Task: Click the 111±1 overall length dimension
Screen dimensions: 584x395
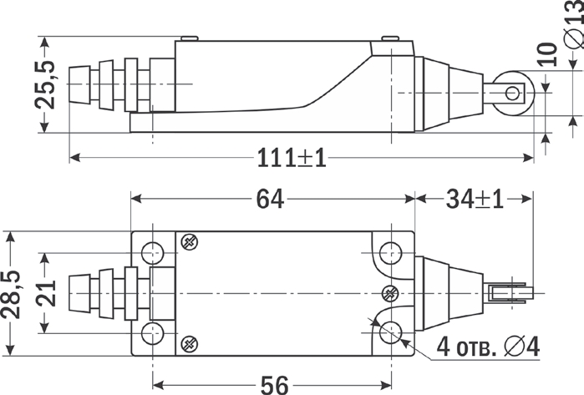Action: [x=292, y=158]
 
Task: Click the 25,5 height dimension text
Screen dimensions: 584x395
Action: [x=45, y=84]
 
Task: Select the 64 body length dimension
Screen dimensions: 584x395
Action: [x=270, y=199]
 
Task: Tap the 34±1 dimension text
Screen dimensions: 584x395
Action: [x=475, y=199]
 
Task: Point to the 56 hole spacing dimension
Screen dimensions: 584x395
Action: [x=275, y=385]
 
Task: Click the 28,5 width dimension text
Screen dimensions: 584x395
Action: [x=10, y=294]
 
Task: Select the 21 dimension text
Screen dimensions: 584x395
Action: [x=47, y=293]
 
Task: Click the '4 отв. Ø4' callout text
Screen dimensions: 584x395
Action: [x=488, y=347]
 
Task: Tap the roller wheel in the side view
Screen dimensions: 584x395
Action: [x=514, y=93]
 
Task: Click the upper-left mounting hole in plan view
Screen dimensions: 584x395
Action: [x=153, y=253]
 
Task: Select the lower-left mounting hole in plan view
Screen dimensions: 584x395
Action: [x=153, y=333]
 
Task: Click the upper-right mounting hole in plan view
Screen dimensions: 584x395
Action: [x=391, y=253]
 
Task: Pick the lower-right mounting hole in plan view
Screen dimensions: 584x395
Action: [x=391, y=332]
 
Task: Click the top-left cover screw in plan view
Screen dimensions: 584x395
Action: [x=189, y=242]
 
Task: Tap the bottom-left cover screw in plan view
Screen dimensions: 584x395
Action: [x=189, y=344]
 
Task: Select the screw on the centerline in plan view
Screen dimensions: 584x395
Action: [x=390, y=294]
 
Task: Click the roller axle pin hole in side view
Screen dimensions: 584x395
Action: [x=512, y=93]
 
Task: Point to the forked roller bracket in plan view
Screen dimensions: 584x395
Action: [x=509, y=293]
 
